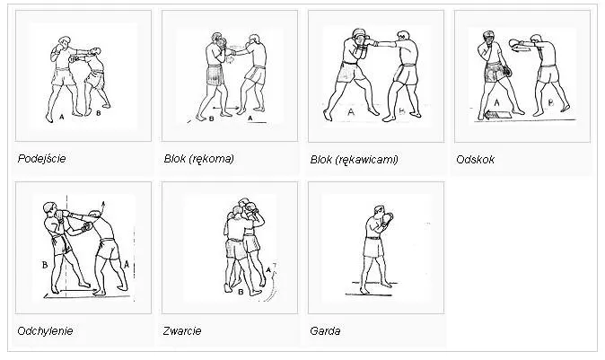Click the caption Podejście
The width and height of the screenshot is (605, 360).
[x=42, y=159]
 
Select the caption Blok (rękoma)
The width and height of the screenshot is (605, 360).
[x=198, y=159]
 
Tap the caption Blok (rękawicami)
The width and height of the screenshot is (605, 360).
[x=353, y=159]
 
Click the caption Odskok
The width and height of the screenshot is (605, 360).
[x=475, y=159]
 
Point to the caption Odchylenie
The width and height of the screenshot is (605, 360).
[x=45, y=330]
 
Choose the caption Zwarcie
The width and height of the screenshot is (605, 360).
[x=182, y=330]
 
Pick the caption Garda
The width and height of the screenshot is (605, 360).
[x=324, y=330]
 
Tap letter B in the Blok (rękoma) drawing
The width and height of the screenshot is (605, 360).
[x=210, y=118]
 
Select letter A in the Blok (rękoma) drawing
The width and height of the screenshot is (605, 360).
[x=250, y=118]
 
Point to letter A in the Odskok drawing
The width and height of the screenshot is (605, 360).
[x=496, y=103]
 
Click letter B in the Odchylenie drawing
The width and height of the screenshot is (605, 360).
[x=43, y=264]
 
